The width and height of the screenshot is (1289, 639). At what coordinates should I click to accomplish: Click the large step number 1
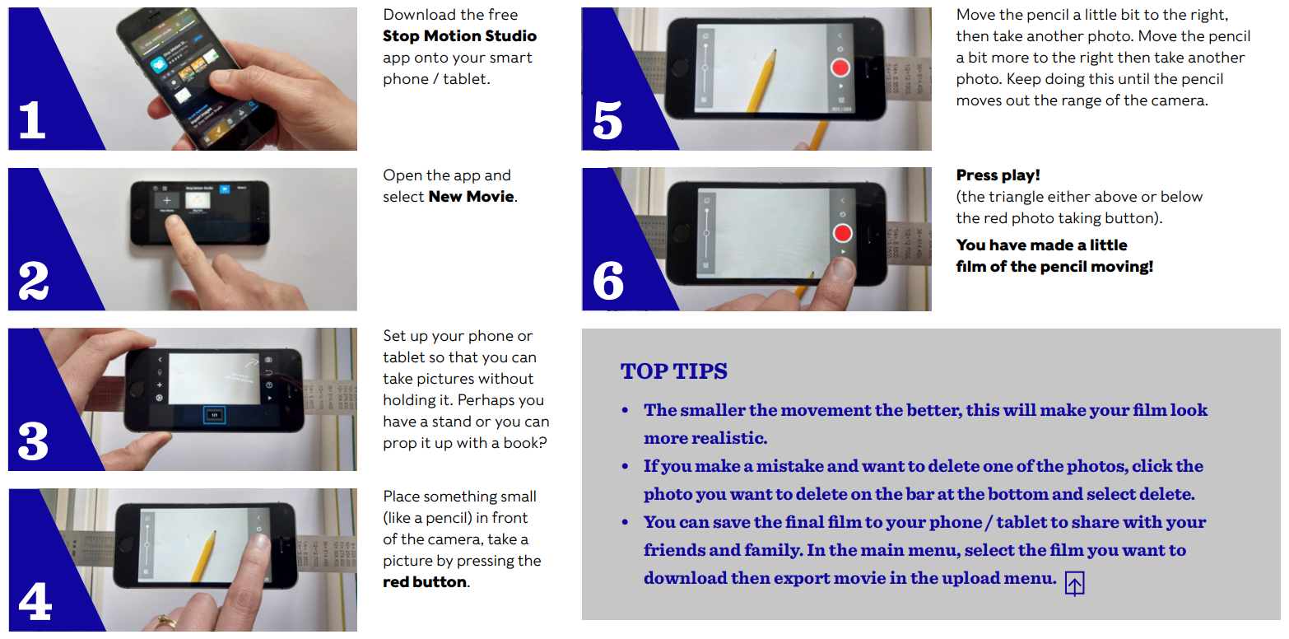(32, 119)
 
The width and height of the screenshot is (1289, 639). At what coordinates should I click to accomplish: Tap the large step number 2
(34, 280)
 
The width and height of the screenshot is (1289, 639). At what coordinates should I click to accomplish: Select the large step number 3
(33, 441)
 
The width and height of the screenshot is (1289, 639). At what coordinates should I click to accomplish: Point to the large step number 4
(35, 601)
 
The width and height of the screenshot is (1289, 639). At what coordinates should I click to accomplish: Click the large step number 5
(607, 120)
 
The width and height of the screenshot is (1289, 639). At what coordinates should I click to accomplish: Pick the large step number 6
(608, 280)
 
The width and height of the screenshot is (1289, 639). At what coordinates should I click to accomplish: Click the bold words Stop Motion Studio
(459, 36)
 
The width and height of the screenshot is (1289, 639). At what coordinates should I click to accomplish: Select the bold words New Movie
(472, 197)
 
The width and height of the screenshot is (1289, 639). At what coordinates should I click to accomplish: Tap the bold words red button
(425, 582)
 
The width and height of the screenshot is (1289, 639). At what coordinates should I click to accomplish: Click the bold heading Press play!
(998, 175)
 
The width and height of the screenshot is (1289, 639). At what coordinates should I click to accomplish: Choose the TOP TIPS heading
(674, 371)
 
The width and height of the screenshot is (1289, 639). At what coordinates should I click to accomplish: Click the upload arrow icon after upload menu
(1074, 584)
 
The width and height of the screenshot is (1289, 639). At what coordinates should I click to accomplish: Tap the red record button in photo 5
(840, 68)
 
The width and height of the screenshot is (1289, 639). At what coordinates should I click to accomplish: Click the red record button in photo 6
(842, 233)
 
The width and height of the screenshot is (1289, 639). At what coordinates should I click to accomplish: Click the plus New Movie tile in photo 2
(167, 200)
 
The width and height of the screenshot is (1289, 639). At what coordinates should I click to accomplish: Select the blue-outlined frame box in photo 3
(214, 415)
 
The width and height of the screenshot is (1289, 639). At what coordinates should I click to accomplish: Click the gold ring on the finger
(167, 621)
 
